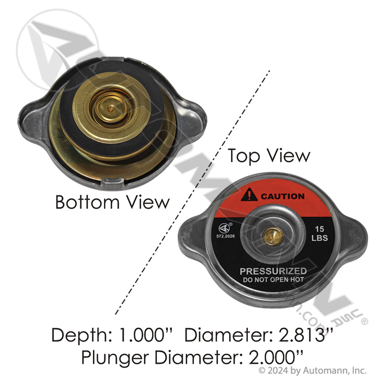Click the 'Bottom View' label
click(113, 201)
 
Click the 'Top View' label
click(269, 155)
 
